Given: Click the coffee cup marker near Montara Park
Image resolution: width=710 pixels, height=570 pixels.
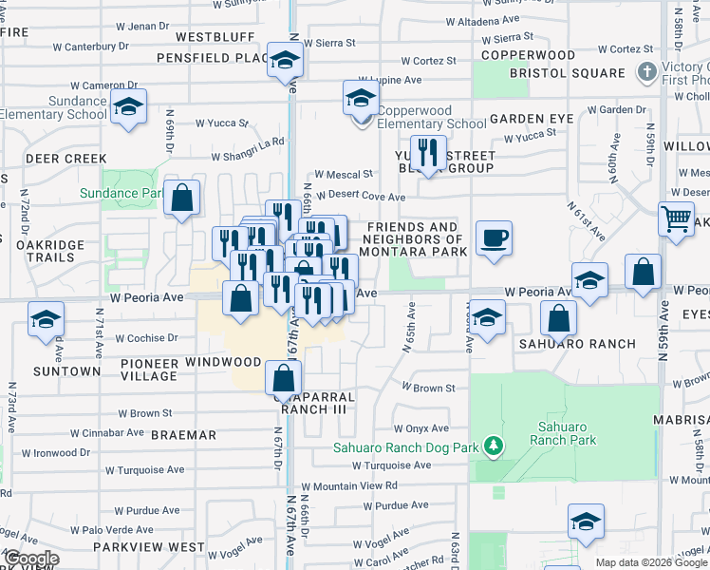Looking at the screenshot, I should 494,238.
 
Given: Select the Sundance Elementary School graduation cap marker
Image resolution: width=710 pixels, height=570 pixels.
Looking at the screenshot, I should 128,106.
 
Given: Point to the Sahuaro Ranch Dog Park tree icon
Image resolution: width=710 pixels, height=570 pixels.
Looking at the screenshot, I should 492,446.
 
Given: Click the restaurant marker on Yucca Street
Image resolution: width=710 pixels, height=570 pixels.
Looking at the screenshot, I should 428,153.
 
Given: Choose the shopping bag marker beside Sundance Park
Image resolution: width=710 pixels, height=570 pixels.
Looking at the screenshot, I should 182,199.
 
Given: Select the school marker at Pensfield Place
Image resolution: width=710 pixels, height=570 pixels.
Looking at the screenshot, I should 283,61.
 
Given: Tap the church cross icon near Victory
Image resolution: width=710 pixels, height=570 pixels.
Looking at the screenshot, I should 646,72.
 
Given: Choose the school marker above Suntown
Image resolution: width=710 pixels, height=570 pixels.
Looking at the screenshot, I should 45,320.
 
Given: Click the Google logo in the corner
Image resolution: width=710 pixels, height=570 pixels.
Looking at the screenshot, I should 30,558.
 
